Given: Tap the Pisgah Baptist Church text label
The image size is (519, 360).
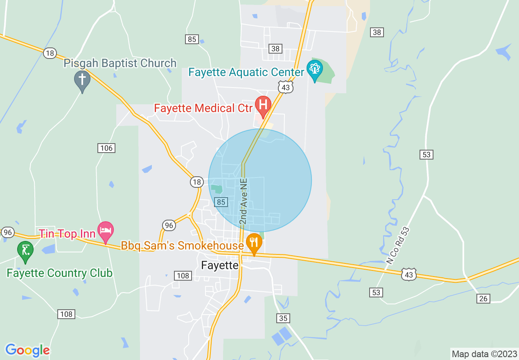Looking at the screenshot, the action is pos(120,63).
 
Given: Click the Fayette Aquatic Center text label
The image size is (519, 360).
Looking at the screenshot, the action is pos(246,72).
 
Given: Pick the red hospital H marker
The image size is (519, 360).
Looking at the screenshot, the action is pos(263,105).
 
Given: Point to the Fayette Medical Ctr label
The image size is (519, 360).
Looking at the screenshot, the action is pos(203,108).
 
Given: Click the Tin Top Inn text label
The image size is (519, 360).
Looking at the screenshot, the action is pos(67,234).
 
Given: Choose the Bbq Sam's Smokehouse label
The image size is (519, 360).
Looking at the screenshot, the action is pos(182,245).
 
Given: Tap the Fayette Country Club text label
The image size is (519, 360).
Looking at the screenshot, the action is pos(60,273).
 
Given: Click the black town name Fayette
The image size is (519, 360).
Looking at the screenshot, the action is pos(220,265).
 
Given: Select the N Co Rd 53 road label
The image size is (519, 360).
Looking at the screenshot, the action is pos(398,245).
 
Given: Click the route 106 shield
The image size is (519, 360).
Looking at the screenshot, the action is pos(106,148).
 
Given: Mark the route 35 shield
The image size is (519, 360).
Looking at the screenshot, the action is pos(283,318).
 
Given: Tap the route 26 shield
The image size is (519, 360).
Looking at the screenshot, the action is pos(483,299).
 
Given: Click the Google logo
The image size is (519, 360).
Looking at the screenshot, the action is pos(27,350).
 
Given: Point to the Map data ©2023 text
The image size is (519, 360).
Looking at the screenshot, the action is pos(483,354).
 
